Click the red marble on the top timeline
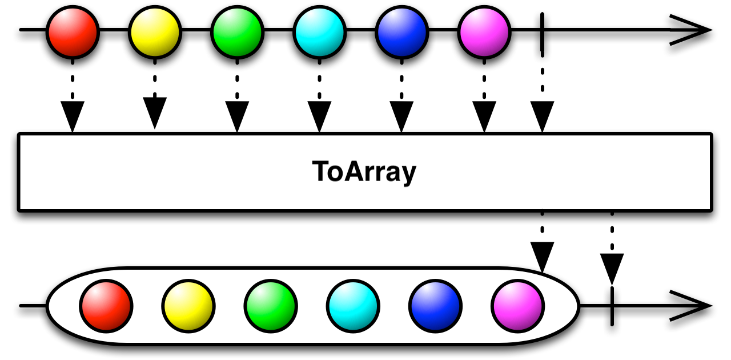point(73,30)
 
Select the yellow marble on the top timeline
point(155,30)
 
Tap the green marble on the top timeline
point(237,30)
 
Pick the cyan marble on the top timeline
point(319,30)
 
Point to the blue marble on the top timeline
point(401,30)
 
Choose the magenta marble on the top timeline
point(484,30)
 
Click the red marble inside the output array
point(106,306)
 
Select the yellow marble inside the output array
point(188,306)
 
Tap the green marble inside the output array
point(271,306)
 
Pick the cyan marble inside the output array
point(353,306)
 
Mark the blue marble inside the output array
point(435,306)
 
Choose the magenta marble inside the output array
point(517,306)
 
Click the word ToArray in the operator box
point(364,172)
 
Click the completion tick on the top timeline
point(541,30)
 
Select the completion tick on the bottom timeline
point(612,306)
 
